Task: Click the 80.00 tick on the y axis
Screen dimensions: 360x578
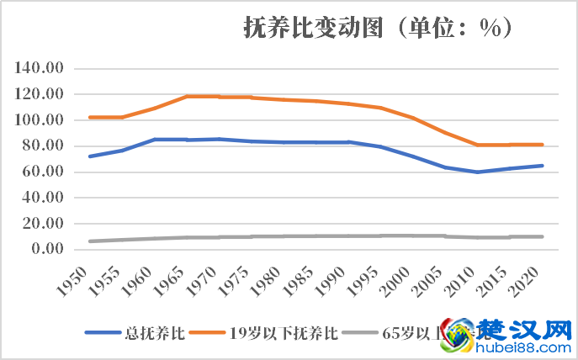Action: (x=44, y=146)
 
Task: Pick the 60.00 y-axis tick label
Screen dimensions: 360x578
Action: (x=44, y=172)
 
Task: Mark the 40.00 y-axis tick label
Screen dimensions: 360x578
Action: (x=44, y=198)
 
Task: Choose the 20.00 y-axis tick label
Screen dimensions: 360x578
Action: (x=44, y=224)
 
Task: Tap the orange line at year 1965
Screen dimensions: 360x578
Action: (x=186, y=97)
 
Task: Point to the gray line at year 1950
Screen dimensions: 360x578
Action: (x=89, y=241)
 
